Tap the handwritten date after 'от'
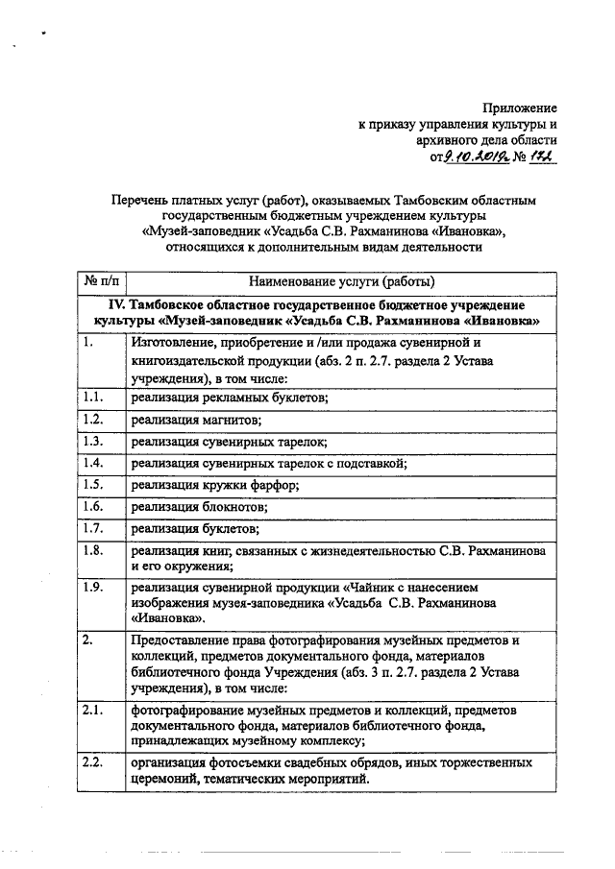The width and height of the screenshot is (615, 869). coord(471,157)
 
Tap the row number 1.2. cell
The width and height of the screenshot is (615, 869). coord(93,420)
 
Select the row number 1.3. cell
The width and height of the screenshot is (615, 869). coord(93,442)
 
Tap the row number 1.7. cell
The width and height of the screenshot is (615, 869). coord(93,528)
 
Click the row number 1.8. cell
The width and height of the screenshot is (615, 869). coord(93,550)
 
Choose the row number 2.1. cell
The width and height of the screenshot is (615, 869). coord(93,710)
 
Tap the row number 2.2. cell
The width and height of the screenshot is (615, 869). coord(93,762)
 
